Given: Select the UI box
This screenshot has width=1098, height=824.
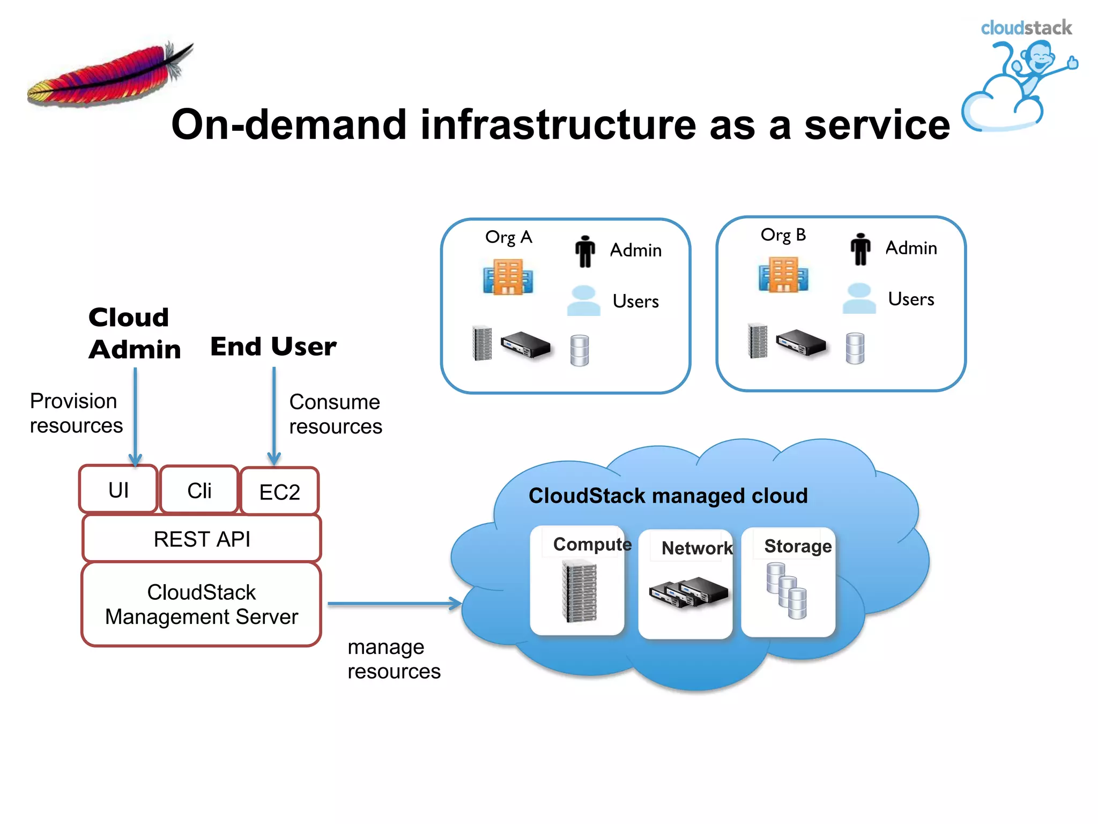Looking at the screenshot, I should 118,490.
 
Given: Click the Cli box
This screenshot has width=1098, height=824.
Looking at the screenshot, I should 199,490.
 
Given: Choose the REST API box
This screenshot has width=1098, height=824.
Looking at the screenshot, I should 202,539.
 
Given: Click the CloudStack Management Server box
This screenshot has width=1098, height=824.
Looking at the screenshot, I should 202,605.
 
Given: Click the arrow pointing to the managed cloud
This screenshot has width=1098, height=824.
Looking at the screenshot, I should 394,604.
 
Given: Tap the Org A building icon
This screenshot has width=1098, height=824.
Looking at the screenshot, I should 507,277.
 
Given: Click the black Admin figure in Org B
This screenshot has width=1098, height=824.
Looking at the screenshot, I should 860,249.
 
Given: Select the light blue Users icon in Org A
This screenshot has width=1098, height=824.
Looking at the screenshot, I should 583,300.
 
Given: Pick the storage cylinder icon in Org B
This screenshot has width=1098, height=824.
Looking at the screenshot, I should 855,348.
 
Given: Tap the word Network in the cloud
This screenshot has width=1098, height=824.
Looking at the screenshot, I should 696,548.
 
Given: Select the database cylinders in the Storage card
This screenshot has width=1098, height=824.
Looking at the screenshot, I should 786,590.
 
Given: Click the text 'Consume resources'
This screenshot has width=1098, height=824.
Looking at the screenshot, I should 336,414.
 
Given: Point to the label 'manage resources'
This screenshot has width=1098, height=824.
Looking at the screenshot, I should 394,659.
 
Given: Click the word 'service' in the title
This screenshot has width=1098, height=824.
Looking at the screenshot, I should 877,124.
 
